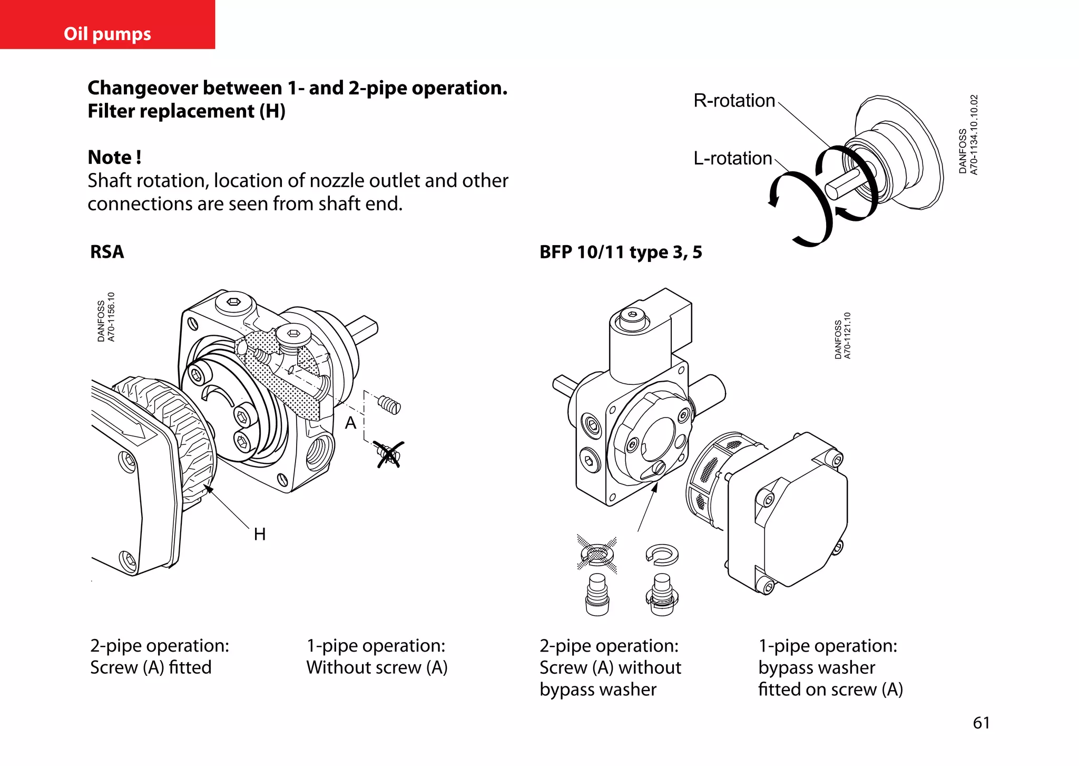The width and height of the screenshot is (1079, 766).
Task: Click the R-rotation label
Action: [734, 100]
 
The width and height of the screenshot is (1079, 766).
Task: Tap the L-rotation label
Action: [732, 158]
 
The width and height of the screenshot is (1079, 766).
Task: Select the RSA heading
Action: [107, 251]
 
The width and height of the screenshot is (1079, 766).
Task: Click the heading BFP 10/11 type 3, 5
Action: [621, 252]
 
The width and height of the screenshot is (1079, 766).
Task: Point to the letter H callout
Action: [259, 534]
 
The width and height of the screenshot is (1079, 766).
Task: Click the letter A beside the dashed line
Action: [350, 423]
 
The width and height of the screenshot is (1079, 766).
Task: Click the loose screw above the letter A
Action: [389, 405]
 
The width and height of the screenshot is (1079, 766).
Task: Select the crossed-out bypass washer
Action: [597, 554]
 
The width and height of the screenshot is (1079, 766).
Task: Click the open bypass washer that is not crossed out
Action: [662, 554]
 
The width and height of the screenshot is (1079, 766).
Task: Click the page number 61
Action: [981, 722]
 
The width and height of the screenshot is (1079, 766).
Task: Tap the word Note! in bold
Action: [114, 157]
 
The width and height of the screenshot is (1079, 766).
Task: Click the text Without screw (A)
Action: [377, 667]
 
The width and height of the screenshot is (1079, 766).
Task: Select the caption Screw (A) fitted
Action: [151, 667]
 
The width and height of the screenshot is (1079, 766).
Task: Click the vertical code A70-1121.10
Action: [847, 335]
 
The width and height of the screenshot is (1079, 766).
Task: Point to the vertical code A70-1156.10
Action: [111, 317]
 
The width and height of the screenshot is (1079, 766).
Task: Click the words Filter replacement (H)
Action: [187, 111]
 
